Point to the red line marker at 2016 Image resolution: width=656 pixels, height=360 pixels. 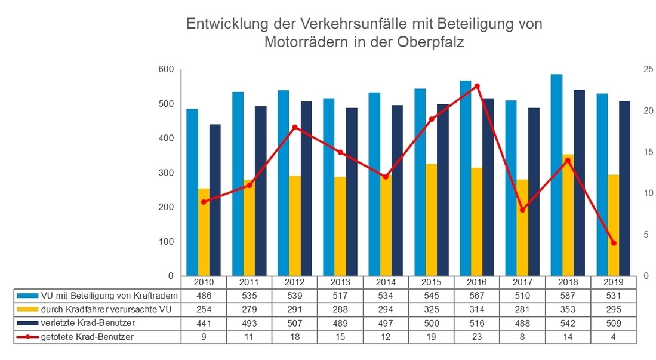pyautogui.click(x=477, y=86)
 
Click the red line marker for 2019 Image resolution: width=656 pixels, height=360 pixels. pyautogui.click(x=614, y=243)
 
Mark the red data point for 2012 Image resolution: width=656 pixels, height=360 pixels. pyautogui.click(x=295, y=127)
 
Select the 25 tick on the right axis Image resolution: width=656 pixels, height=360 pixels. pyautogui.click(x=643, y=70)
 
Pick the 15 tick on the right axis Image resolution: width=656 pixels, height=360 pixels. pyautogui.click(x=643, y=152)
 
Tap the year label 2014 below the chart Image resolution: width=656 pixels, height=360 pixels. pyautogui.click(x=386, y=282)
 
